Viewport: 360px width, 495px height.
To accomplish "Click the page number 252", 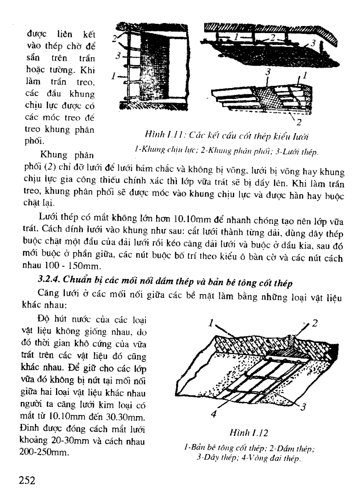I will point(27,480).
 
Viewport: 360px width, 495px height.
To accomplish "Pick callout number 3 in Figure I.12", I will point(303,408).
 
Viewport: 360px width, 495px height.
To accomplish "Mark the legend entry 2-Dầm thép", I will point(290,449).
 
